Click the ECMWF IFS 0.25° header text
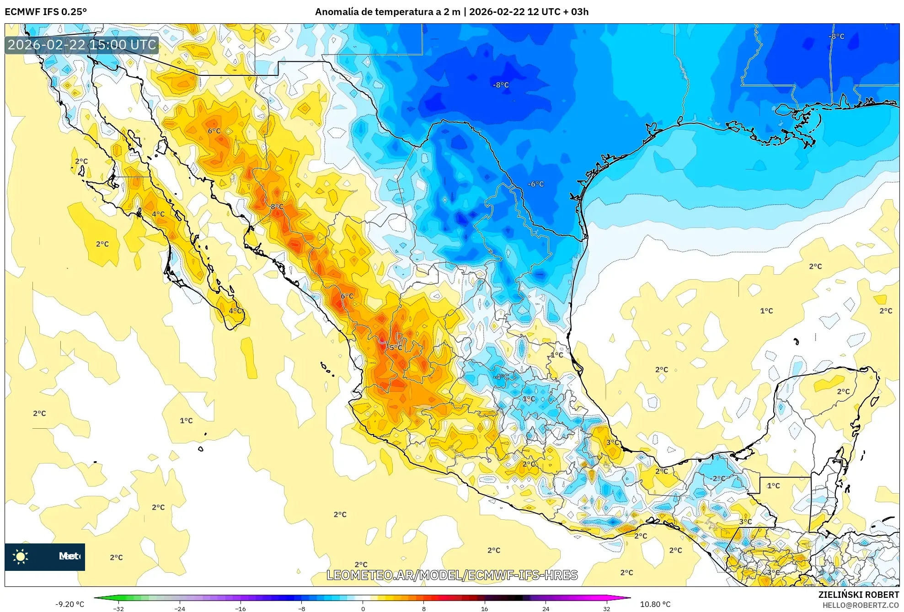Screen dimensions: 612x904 [x=46, y=12]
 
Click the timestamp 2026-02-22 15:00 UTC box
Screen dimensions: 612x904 [x=82, y=45]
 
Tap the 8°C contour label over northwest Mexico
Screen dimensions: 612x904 [x=277, y=207]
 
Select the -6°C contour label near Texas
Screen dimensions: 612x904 [x=536, y=184]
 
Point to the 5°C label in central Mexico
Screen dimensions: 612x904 [x=396, y=348]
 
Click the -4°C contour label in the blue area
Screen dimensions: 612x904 [x=502, y=377]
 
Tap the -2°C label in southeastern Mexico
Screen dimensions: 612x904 [x=718, y=479]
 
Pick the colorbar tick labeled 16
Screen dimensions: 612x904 [x=485, y=608]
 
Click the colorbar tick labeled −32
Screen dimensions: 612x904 [x=118, y=608]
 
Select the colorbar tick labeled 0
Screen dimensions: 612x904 [x=363, y=608]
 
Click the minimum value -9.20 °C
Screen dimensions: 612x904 [x=70, y=604]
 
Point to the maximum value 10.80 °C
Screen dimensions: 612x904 [x=655, y=604]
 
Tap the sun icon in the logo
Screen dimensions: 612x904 [x=21, y=556]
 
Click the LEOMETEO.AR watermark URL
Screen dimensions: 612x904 [x=452, y=575]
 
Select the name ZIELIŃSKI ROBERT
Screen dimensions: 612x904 [x=858, y=595]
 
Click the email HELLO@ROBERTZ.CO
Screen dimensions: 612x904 [x=861, y=605]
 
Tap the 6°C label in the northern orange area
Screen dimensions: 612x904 [x=214, y=131]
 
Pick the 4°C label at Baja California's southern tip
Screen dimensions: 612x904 [x=235, y=311]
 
